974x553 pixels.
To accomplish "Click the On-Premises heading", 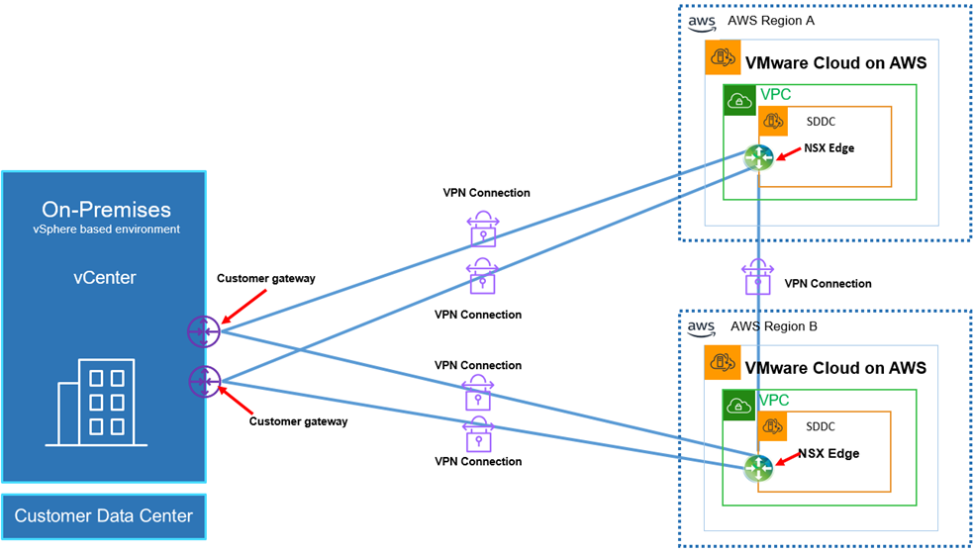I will (x=106, y=209).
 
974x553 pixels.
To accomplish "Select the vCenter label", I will (x=106, y=277).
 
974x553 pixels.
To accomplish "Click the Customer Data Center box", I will (x=104, y=515).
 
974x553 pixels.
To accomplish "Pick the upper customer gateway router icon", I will (x=202, y=331).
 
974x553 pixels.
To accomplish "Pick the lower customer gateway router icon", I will (x=203, y=380).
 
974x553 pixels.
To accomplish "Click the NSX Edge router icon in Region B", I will (x=758, y=467).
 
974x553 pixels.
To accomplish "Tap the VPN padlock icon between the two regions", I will (x=757, y=276).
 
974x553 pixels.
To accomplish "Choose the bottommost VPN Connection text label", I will (x=478, y=461).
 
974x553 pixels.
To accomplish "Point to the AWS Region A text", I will (x=768, y=21).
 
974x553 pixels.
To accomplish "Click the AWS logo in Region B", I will (x=701, y=327).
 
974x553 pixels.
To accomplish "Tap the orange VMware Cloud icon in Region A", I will (x=722, y=58).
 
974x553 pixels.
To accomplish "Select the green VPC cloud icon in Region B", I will (x=738, y=406).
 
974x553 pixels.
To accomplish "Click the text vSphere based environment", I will (x=106, y=230).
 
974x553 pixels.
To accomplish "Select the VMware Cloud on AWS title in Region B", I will (x=835, y=368).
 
